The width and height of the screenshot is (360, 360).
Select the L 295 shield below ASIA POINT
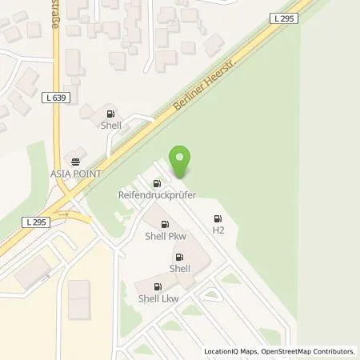point(36,222)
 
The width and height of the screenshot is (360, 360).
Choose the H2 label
point(218,230)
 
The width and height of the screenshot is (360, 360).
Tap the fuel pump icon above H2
point(218,218)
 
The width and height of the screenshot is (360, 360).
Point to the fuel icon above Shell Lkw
point(156,286)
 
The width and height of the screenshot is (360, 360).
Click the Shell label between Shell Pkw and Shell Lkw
point(179,268)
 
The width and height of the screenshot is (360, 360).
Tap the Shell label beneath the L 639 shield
point(110,125)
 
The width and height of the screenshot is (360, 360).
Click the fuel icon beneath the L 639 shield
point(110,114)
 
